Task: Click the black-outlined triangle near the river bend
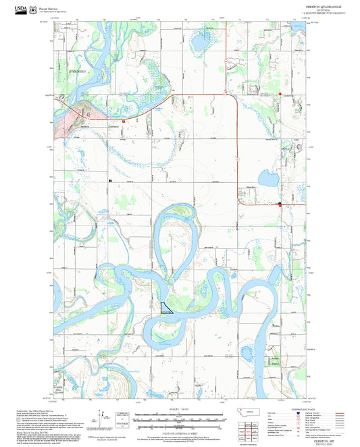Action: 166,307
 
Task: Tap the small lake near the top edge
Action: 201,43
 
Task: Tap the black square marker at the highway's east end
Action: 280,203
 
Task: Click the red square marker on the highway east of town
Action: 124,120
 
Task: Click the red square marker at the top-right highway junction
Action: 278,94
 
